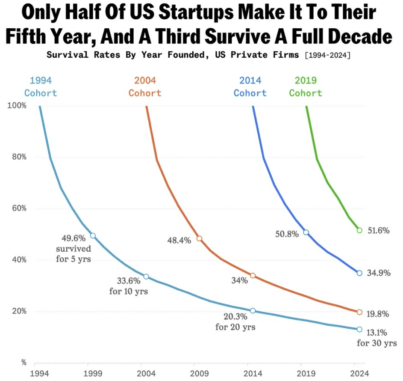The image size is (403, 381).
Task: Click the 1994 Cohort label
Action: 41,86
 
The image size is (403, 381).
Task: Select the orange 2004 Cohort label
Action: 145,86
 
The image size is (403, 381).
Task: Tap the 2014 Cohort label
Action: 250,86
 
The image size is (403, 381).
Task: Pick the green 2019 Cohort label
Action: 306,86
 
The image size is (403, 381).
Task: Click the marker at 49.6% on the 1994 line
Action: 93,235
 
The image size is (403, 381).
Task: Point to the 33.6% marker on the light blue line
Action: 146,277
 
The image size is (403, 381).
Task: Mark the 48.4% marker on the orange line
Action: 199,238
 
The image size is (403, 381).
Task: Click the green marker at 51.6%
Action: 359,230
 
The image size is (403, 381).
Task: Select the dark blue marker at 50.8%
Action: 306,232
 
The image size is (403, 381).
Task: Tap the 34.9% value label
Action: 379,273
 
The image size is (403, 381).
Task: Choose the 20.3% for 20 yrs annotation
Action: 235,322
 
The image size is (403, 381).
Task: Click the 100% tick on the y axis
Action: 18,106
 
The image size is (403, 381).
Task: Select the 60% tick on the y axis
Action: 19,208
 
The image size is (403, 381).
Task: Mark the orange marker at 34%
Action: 253,276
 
